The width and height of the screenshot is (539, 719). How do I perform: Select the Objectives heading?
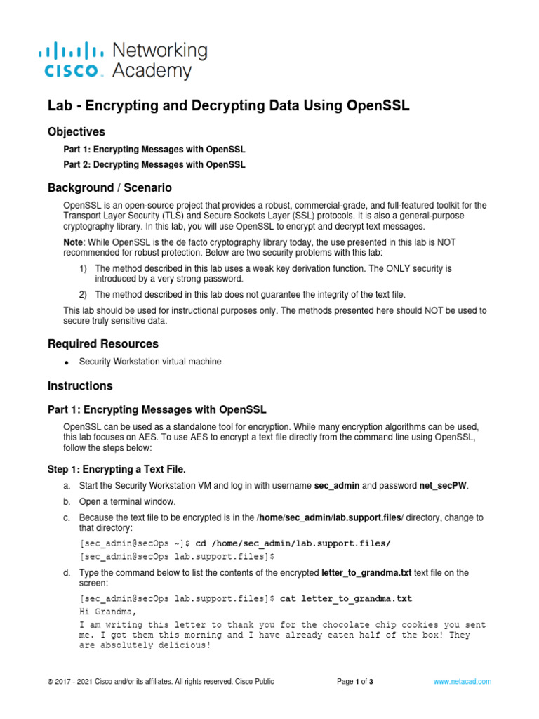click(76, 131)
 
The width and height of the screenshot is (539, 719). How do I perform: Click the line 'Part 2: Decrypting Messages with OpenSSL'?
click(154, 165)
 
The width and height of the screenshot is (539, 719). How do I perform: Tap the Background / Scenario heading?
click(109, 188)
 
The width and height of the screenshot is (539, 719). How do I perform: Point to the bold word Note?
click(74, 242)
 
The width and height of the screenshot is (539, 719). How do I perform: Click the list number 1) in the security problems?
click(82, 269)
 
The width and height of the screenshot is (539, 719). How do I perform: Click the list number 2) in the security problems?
click(82, 294)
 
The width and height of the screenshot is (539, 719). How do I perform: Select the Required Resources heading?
click(102, 344)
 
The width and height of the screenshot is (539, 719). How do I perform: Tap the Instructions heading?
click(79, 386)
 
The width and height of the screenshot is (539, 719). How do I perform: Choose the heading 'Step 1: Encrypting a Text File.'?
click(117, 469)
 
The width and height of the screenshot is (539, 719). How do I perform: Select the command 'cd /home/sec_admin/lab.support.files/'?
click(292, 543)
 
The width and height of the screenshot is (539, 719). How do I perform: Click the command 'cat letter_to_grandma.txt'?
click(346, 599)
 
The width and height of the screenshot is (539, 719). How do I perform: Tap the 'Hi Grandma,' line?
click(105, 612)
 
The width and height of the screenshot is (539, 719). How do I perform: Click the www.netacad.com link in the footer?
click(462, 682)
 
